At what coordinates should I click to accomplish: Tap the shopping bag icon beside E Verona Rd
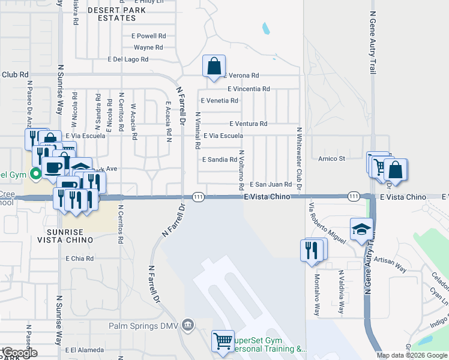pyautogui.click(x=214, y=67)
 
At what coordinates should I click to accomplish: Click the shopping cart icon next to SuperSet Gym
pyautogui.click(x=223, y=341)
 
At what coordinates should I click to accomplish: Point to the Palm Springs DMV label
pyautogui.click(x=144, y=326)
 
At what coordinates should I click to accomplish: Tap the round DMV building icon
pyautogui.click(x=188, y=325)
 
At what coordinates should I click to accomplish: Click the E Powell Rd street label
pyautogui.click(x=148, y=36)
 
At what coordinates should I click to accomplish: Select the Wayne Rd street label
pyautogui.click(x=148, y=47)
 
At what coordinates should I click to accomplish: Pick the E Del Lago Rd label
pyautogui.click(x=128, y=59)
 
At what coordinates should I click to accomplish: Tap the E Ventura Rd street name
pyautogui.click(x=248, y=124)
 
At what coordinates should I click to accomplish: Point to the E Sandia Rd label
pyautogui.click(x=220, y=160)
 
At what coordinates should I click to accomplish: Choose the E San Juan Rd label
pyautogui.click(x=270, y=185)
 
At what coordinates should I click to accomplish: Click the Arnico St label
pyautogui.click(x=331, y=158)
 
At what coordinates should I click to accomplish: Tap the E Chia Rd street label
pyautogui.click(x=80, y=259)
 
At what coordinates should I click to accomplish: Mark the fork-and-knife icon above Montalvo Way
pyautogui.click(x=312, y=250)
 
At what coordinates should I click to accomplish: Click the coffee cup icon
pyautogui.click(x=52, y=167)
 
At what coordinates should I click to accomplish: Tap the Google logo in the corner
pyautogui.click(x=19, y=353)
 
